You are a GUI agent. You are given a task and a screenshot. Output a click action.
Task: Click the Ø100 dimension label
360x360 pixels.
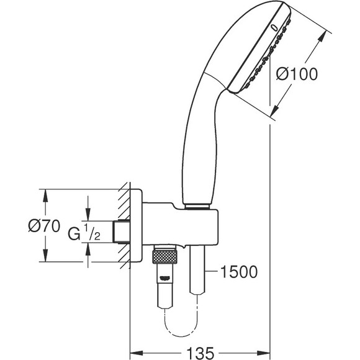(x=296, y=74)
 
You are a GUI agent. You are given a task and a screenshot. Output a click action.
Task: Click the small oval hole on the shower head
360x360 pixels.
(x=274, y=27)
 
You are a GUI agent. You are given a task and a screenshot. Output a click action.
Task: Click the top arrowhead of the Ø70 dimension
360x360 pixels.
(x=45, y=193)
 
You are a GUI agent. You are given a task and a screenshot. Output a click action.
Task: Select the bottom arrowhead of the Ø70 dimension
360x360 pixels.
(x=45, y=259)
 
